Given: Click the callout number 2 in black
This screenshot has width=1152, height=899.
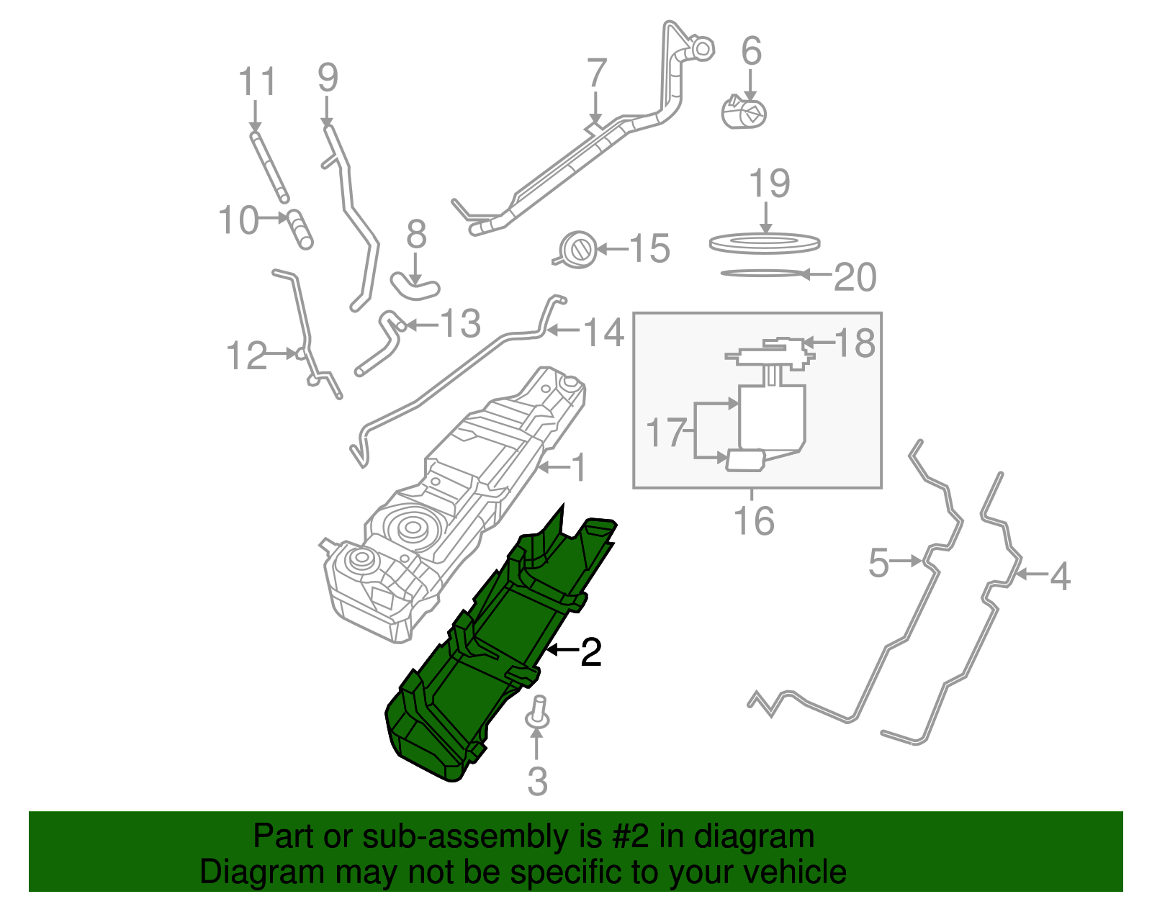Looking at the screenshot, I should point(590,652).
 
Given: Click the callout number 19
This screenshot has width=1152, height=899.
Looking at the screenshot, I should point(769,184).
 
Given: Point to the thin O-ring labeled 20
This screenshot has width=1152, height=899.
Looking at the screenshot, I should point(760,274).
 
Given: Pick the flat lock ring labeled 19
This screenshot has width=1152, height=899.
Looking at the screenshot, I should point(764,243).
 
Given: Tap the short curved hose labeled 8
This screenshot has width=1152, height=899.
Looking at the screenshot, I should point(415,286).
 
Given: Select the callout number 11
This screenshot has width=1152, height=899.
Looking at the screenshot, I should point(257,82).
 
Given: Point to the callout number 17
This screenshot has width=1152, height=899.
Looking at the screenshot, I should point(665,432).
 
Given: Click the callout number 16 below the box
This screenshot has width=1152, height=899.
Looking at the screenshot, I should point(753,520).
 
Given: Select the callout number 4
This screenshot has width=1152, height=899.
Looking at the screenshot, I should point(1060,577).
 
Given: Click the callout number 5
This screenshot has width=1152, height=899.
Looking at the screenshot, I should point(878,563).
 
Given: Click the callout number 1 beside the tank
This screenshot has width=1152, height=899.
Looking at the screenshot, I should point(579,468).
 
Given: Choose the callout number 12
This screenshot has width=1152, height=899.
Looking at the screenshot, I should point(246,356).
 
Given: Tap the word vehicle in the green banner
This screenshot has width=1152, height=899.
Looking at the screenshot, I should point(794,872).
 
